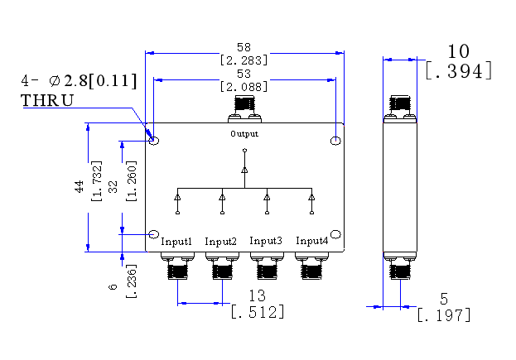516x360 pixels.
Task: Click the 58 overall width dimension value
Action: coord(244,47)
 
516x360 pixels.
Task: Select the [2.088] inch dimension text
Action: coord(244,87)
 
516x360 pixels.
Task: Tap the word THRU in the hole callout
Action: coord(47,100)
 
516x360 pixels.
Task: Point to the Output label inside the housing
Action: coord(244,134)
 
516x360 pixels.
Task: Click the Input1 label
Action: coord(176,242)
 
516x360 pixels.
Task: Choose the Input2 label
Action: coord(220,242)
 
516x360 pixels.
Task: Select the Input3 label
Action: coord(266,241)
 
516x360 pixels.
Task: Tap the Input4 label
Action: coord(312,241)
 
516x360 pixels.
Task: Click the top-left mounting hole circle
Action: coord(154,141)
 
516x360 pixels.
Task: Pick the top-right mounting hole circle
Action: coord(335,141)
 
